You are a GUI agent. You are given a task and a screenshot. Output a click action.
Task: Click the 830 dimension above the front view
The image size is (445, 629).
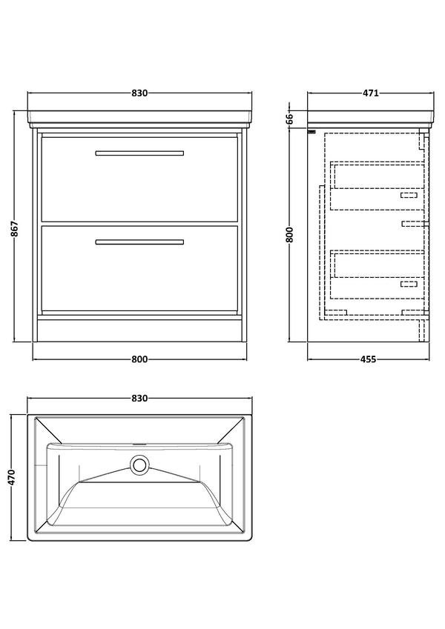click(139, 93)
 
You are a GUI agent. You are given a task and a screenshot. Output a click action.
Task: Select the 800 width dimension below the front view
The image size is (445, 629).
click(139, 359)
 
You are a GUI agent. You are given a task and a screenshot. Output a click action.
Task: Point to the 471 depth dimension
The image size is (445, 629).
click(371, 93)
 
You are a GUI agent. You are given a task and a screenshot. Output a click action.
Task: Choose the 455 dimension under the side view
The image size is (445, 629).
click(369, 359)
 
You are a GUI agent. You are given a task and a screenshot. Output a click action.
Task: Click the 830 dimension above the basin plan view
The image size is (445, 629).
click(139, 399)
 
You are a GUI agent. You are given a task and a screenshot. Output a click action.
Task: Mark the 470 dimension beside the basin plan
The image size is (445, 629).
click(12, 477)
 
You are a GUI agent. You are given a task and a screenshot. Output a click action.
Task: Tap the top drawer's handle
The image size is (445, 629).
click(139, 153)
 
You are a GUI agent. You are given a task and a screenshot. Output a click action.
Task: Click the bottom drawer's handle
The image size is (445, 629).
click(139, 242)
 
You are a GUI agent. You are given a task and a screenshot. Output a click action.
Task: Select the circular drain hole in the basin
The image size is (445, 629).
click(139, 465)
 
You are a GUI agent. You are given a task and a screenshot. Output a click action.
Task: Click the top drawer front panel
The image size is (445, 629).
click(139, 179)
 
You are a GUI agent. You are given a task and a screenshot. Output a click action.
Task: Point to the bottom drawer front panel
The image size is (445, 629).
click(139, 268)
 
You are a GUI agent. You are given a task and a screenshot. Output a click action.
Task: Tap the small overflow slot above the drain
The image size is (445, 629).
click(139, 444)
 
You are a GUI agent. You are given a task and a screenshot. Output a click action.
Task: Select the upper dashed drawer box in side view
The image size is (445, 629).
click(378, 186)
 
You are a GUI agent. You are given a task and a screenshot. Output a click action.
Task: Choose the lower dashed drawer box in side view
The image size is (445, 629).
click(378, 275)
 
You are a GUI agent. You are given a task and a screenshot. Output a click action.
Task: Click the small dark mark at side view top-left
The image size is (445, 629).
click(311, 131)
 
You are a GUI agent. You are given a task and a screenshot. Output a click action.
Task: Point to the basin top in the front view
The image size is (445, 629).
click(139, 118)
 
